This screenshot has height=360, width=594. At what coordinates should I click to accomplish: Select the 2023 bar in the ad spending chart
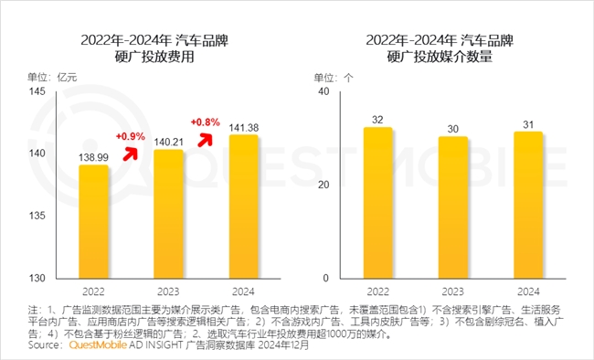click(167, 214)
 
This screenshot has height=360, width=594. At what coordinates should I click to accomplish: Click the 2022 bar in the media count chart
click(377, 202)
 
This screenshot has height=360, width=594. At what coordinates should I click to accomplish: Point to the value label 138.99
click(93, 157)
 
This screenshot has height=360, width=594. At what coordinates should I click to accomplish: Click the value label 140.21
click(167, 142)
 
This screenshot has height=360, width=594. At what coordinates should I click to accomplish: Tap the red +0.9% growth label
click(132, 136)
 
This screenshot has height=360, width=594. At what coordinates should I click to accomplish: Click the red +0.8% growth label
click(206, 121)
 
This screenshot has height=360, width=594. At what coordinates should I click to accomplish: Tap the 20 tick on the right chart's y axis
click(323, 185)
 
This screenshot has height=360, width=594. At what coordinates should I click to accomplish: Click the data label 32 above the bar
click(377, 119)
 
